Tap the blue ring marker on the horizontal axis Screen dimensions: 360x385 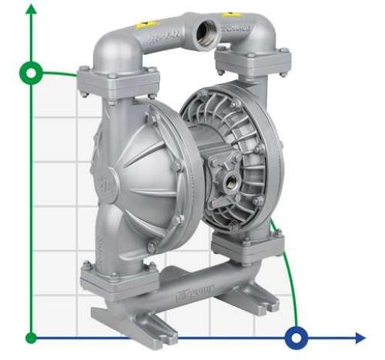pos(297,337)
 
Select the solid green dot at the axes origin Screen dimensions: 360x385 pos(31,337)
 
